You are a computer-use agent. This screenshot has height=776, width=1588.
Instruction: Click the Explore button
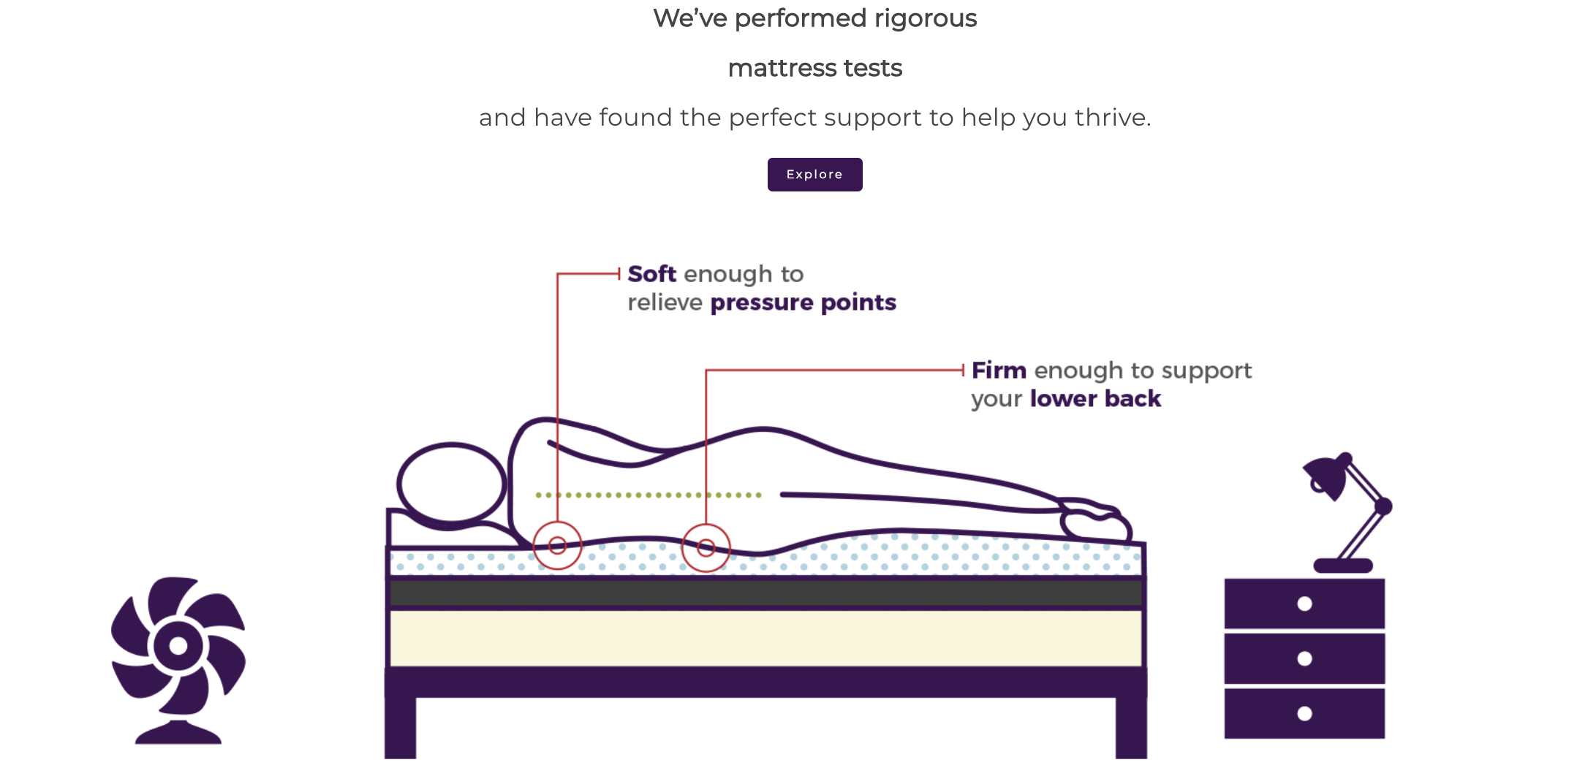pyautogui.click(x=814, y=175)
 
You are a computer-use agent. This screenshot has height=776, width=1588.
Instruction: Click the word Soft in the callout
pyautogui.click(x=651, y=274)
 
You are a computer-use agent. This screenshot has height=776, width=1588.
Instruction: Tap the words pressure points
pyautogui.click(x=803, y=303)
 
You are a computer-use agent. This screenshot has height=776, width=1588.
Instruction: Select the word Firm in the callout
pyautogui.click(x=999, y=370)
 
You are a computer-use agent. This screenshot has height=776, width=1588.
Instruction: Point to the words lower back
pyautogui.click(x=1095, y=399)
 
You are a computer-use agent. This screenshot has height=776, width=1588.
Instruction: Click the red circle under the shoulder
pyautogui.click(x=557, y=545)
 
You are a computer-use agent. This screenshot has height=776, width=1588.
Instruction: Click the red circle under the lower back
pyautogui.click(x=706, y=547)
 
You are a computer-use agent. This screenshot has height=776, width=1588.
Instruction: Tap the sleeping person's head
pyautogui.click(x=452, y=483)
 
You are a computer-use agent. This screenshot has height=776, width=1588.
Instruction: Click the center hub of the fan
pyautogui.click(x=178, y=645)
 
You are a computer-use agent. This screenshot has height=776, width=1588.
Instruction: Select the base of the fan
pyautogui.click(x=178, y=733)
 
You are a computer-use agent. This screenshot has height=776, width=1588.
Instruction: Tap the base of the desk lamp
pyautogui.click(x=1343, y=566)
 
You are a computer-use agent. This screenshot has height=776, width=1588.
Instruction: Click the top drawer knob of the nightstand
pyautogui.click(x=1304, y=604)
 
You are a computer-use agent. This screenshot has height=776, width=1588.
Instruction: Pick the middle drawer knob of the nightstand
pyautogui.click(x=1304, y=658)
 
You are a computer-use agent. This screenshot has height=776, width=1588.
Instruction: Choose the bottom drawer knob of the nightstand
pyautogui.click(x=1304, y=713)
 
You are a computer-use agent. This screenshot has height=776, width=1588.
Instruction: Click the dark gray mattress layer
pyautogui.click(x=765, y=593)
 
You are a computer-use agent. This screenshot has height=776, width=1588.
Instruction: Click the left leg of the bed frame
pyautogui.click(x=401, y=728)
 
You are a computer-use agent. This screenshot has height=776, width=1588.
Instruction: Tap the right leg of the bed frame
pyautogui.click(x=1131, y=728)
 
